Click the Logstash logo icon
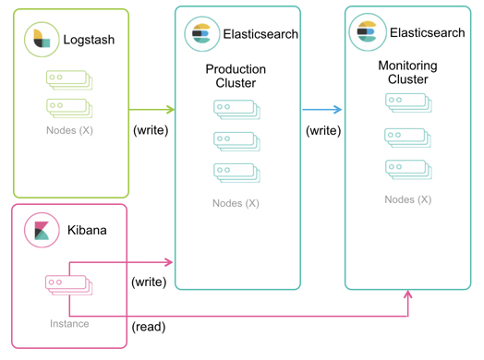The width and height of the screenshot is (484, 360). point(41,40)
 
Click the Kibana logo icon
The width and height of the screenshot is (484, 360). point(41,230)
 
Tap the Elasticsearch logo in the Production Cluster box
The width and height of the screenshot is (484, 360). point(200,34)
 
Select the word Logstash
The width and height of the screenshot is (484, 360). point(89,41)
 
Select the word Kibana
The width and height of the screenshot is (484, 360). point(87,230)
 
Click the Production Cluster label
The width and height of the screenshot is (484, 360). point(236,77)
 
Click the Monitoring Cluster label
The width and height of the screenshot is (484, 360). point(407,73)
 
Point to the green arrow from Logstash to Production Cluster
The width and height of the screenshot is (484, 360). point(152,109)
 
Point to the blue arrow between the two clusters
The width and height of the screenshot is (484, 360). point(323,109)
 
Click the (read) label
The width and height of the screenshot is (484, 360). point(150,327)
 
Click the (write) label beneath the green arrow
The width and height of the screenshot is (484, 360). point(151,130)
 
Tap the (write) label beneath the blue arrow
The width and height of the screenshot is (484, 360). point(323,130)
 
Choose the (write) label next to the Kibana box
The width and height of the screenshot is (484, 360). point(149,282)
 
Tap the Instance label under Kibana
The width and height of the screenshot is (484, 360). point(70,324)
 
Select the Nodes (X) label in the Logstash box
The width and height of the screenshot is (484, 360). point(69,131)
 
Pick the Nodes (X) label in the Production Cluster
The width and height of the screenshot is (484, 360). point(236,203)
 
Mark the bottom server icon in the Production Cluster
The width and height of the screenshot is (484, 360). point(236,173)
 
